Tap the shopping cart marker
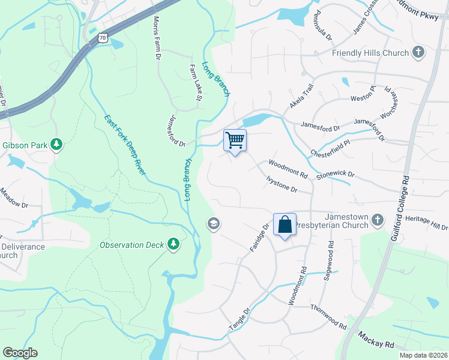(235, 140)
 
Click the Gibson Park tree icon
(56, 145)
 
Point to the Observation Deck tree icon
(173, 244)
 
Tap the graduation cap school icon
(212, 224)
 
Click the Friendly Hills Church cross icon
(418, 53)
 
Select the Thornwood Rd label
(329, 316)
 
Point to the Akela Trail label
(302, 96)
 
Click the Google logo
(20, 353)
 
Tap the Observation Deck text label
(132, 245)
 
